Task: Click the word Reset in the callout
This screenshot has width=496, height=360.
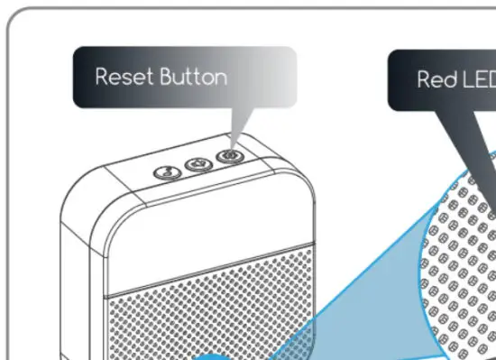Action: click(124, 77)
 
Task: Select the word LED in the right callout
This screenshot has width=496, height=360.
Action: click(478, 79)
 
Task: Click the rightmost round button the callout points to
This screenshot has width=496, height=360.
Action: click(228, 156)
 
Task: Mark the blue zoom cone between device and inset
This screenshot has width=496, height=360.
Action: click(361, 289)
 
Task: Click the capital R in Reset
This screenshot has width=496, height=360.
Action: click(101, 77)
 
